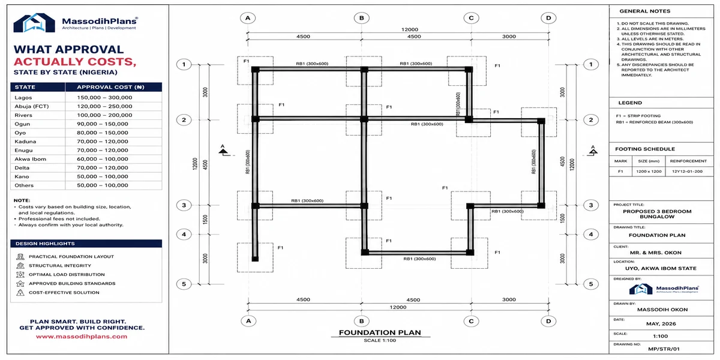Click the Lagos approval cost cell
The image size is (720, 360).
point(104,97)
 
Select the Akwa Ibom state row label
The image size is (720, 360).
point(30,159)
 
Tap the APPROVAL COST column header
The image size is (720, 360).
point(110,87)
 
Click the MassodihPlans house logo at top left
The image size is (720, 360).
point(34,23)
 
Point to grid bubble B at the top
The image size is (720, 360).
point(362,18)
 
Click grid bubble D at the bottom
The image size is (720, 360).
point(548,321)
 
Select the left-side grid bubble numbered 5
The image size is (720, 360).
point(184,284)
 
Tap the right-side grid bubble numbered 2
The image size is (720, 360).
point(591,120)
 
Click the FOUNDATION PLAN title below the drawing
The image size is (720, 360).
point(380,332)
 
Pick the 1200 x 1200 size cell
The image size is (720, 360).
point(649,172)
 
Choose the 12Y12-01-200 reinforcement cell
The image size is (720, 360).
point(687,172)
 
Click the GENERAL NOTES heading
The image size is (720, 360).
point(645,11)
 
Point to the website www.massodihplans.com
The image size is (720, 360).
point(82,337)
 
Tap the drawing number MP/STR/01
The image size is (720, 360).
point(664,349)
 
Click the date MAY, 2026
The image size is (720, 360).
point(661,323)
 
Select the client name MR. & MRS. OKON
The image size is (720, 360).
point(656,253)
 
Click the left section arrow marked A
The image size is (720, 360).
point(224,151)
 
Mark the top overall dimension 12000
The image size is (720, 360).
point(409,29)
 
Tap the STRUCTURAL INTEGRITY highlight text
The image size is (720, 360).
point(60,265)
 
